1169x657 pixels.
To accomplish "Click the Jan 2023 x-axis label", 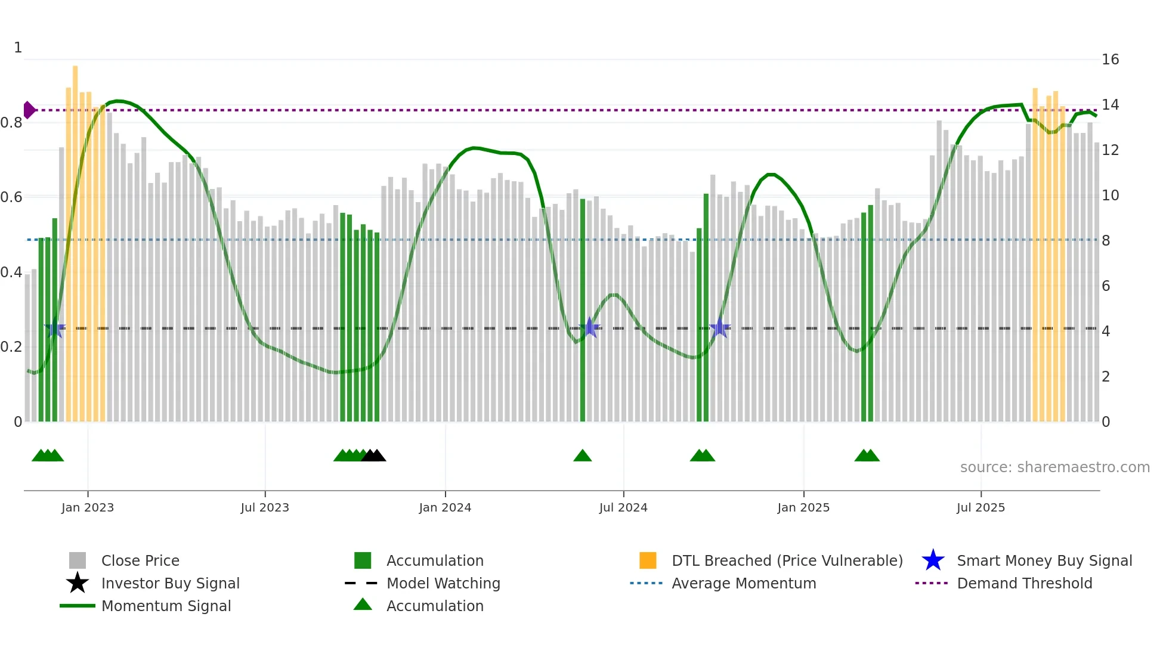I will click(x=88, y=507).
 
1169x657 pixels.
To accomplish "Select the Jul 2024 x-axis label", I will click(x=623, y=507).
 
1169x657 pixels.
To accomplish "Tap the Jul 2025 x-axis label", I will click(x=981, y=507).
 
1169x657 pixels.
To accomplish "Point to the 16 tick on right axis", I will click(x=1110, y=60).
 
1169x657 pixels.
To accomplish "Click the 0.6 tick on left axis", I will click(x=11, y=197).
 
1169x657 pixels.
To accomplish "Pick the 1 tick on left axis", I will click(x=18, y=48).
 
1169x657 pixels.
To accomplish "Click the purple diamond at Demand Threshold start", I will click(x=29, y=110).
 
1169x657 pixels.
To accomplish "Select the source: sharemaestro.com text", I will click(x=1054, y=467).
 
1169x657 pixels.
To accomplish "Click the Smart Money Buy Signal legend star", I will click(x=933, y=560).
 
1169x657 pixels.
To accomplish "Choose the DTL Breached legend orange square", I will click(x=648, y=560).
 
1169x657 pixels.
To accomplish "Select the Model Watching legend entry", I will click(x=443, y=583).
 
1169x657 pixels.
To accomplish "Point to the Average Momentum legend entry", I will click(x=743, y=583).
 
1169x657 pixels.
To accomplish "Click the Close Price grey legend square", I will click(x=78, y=560).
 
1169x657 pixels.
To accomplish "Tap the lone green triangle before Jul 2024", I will click(x=583, y=456).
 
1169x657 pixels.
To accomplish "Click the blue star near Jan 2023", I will click(x=55, y=328).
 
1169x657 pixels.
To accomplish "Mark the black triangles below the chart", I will click(x=374, y=456).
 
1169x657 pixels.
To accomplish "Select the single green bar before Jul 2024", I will click(x=583, y=310).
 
